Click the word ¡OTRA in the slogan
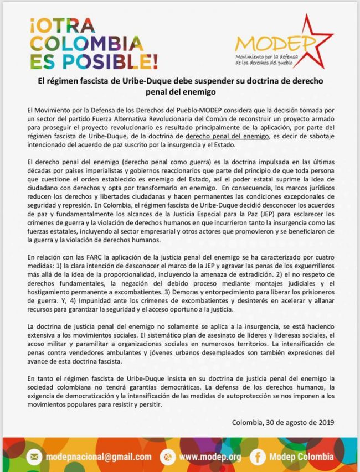(x=63, y=25)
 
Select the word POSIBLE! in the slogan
(x=106, y=59)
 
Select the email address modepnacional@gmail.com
(x=99, y=457)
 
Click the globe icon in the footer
(x=166, y=457)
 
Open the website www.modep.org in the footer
(x=209, y=457)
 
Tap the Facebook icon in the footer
(x=257, y=457)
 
